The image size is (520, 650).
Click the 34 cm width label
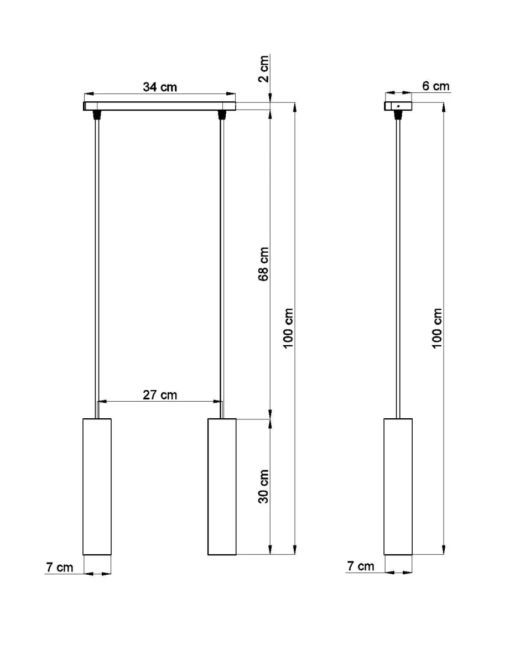pos(160,87)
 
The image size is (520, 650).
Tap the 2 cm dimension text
pos(264,69)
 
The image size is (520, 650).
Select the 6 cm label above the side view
pos(436,86)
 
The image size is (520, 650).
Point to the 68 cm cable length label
pos(264,264)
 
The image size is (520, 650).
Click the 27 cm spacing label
pos(160,394)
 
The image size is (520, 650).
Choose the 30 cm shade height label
pos(264,486)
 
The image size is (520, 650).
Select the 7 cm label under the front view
pos(59,567)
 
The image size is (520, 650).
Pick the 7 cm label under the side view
pos(360,566)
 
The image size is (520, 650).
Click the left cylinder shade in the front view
pos(97,486)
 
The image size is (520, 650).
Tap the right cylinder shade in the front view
pos(222,486)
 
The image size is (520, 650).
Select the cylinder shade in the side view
pos(398,486)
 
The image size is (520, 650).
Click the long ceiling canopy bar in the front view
pos(160,106)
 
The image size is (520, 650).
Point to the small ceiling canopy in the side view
pos(398,105)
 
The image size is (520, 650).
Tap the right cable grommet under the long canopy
pos(222,115)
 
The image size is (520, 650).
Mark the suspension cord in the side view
pos(398,266)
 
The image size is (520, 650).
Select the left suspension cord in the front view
pos(97,266)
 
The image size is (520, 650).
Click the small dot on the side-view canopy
pos(398,105)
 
